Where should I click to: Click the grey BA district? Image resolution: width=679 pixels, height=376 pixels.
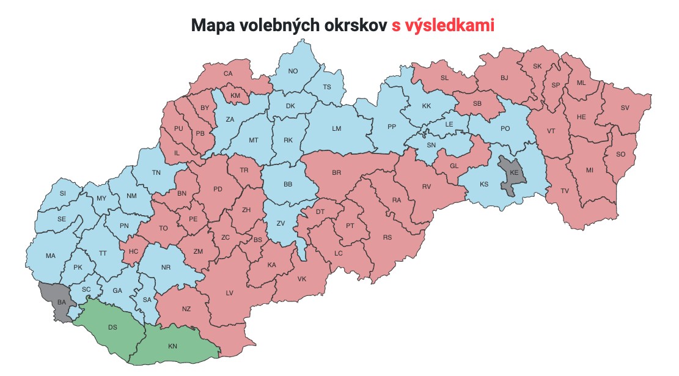(61, 302)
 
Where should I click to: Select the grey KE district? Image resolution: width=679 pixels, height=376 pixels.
(514, 173)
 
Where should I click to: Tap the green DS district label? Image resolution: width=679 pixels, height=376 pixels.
(112, 327)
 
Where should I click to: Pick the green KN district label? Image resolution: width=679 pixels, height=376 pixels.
(172, 346)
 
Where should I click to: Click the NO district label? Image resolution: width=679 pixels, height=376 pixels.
(293, 71)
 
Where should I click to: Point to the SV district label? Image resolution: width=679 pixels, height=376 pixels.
(625, 108)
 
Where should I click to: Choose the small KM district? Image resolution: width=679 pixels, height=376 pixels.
(235, 96)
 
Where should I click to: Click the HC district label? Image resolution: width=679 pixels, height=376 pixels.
(134, 251)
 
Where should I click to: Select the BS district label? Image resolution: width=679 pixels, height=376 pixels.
(257, 240)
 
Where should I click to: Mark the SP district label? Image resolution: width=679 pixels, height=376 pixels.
(556, 85)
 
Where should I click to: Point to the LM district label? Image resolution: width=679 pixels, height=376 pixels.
(336, 128)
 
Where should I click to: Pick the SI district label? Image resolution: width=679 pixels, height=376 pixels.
(62, 193)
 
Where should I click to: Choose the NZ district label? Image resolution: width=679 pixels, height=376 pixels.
(186, 309)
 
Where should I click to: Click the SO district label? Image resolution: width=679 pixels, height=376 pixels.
(621, 154)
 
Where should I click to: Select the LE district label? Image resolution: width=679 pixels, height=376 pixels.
(449, 124)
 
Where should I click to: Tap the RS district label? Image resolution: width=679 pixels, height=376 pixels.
(387, 237)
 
